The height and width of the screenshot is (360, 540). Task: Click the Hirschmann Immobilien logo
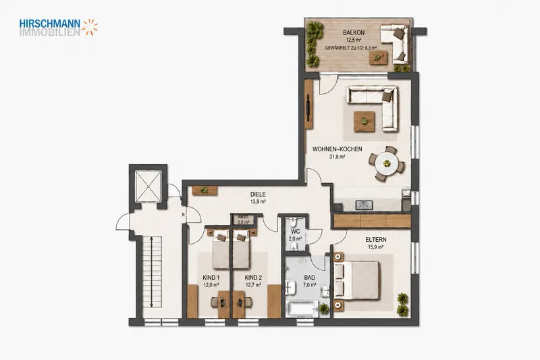(59, 28)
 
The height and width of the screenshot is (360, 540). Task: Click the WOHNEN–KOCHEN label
(337, 149)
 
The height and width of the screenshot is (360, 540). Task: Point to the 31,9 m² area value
(337, 157)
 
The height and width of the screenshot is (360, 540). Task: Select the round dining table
(386, 163)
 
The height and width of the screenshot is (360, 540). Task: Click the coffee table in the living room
(364, 122)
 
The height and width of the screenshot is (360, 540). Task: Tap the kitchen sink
(364, 205)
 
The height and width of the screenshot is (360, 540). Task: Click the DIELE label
(258, 195)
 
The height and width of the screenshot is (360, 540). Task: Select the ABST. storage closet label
(243, 217)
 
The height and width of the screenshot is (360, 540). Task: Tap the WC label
(295, 231)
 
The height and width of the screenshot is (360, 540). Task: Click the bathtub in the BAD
(302, 308)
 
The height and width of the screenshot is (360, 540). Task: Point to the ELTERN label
(376, 239)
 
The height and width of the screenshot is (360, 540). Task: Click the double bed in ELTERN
(356, 280)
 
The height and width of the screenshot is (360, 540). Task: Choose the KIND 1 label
(211, 278)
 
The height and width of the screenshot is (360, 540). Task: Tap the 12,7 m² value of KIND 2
(253, 285)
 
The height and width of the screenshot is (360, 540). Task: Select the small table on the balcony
(378, 57)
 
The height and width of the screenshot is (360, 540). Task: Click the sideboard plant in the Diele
(205, 190)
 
